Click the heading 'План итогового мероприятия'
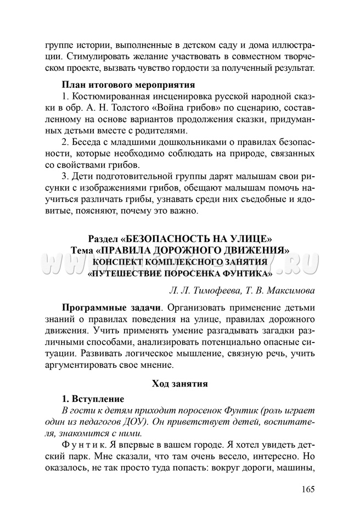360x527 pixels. click(128, 85)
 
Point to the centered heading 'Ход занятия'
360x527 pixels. click(179, 384)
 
